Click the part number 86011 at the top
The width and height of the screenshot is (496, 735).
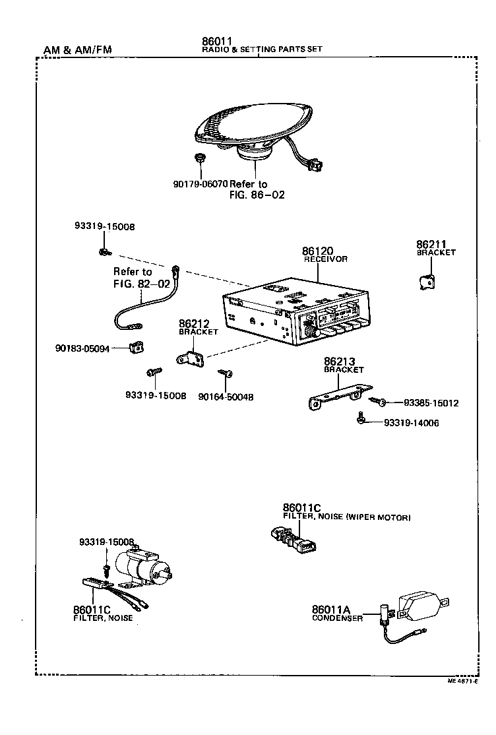click(x=217, y=41)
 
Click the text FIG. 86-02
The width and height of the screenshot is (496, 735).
click(x=257, y=195)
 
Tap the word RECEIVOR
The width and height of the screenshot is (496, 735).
click(x=325, y=260)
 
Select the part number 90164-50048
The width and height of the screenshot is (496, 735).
click(x=226, y=397)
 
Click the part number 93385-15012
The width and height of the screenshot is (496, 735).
click(x=431, y=403)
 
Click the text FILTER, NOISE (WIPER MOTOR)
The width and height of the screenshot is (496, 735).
click(x=346, y=517)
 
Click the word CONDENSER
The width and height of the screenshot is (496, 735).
click(x=337, y=618)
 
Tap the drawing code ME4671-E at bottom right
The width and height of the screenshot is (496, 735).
click(x=462, y=680)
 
